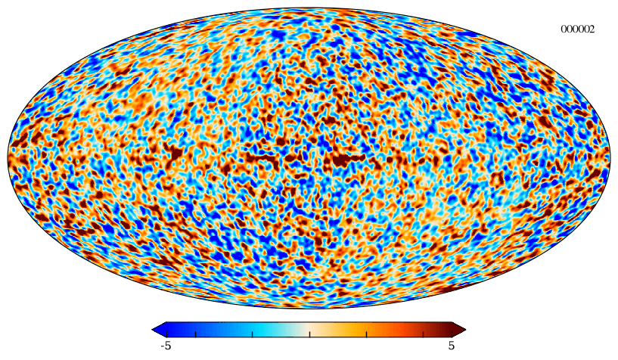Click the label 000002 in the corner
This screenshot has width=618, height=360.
click(x=577, y=29)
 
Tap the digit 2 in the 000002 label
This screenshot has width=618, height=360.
click(x=592, y=29)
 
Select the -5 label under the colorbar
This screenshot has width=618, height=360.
click(x=166, y=346)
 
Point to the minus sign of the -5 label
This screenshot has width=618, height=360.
click(x=163, y=346)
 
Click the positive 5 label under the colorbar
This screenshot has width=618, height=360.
click(x=452, y=346)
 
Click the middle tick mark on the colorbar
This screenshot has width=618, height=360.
click(x=309, y=334)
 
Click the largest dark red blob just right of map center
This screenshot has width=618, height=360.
click(x=343, y=160)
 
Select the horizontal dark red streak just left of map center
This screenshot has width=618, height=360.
click(x=262, y=158)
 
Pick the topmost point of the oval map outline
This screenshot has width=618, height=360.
click(x=309, y=8)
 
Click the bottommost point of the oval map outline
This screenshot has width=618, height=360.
click(x=309, y=309)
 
